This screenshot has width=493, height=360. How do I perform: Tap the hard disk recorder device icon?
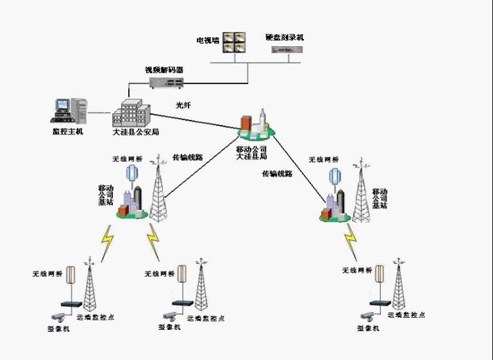pos(284,51)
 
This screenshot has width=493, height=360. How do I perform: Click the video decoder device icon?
pos(166,82)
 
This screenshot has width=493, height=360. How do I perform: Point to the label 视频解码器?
pos(164,69)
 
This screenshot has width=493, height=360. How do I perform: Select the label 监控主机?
pos(67,132)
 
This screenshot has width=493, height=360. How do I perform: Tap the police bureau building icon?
pos(131,113)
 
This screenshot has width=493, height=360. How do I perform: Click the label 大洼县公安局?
pos(135,132)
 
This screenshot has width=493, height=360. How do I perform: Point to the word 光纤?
pos(184,104)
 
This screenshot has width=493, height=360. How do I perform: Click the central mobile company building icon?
pos(255,126)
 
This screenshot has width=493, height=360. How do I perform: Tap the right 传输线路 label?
pos(277,174)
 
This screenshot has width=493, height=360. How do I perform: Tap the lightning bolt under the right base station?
pos(350,241)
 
